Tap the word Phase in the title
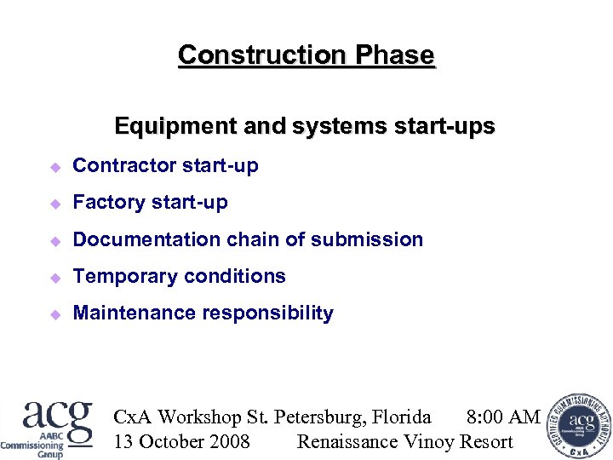[x=395, y=55]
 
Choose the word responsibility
[x=267, y=313]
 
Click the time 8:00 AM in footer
[x=503, y=417]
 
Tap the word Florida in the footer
[x=402, y=417]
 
